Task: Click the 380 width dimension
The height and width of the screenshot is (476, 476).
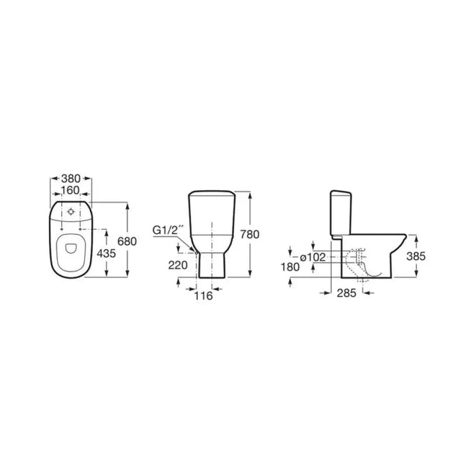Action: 71,178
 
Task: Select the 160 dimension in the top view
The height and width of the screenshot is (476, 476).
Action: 70,190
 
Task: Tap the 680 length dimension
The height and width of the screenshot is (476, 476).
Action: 127,241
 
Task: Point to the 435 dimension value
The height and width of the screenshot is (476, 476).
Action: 106,253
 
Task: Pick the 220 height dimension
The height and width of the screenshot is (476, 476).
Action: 178,265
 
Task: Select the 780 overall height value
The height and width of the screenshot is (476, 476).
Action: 250,235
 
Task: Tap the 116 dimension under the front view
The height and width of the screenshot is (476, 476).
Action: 203,296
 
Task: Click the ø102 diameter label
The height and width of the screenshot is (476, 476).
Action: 313,258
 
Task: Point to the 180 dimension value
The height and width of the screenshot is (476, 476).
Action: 290,267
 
